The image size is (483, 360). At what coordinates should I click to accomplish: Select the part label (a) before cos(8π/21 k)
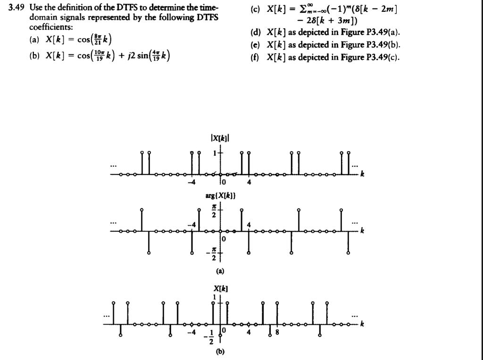coord(34,40)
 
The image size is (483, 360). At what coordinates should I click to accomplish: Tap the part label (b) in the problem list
coord(34,56)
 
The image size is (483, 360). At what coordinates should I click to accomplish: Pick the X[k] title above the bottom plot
coord(221,288)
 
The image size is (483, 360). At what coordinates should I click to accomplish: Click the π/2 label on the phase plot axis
coord(214,210)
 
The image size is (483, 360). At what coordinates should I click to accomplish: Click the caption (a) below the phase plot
coord(220,271)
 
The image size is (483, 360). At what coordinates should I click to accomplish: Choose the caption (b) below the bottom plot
coord(220,351)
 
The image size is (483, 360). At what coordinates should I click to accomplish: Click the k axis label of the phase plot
coord(362,231)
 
